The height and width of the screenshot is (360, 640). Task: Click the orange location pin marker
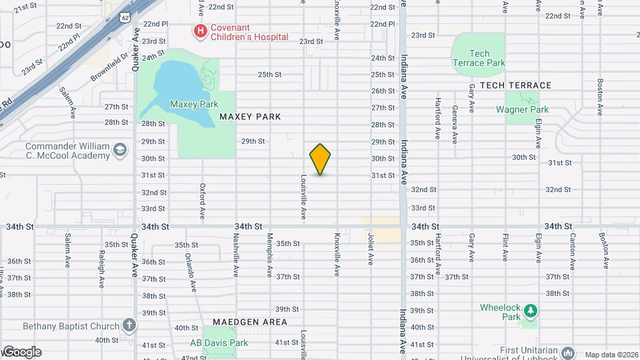point(320,159)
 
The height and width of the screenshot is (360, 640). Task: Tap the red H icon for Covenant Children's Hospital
point(199,31)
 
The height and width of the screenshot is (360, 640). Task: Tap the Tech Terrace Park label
point(479,58)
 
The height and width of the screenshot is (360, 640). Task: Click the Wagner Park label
point(526,110)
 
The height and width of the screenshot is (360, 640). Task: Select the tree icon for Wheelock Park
point(530,311)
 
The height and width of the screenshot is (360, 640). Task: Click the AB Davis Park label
point(219,343)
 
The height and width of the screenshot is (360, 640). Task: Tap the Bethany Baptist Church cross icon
point(129,326)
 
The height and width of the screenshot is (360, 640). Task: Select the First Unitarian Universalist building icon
point(568,351)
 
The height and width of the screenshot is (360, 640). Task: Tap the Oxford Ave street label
point(202,199)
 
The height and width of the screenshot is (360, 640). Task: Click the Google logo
point(21,352)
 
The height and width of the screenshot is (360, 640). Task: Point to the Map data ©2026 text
point(611,355)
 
